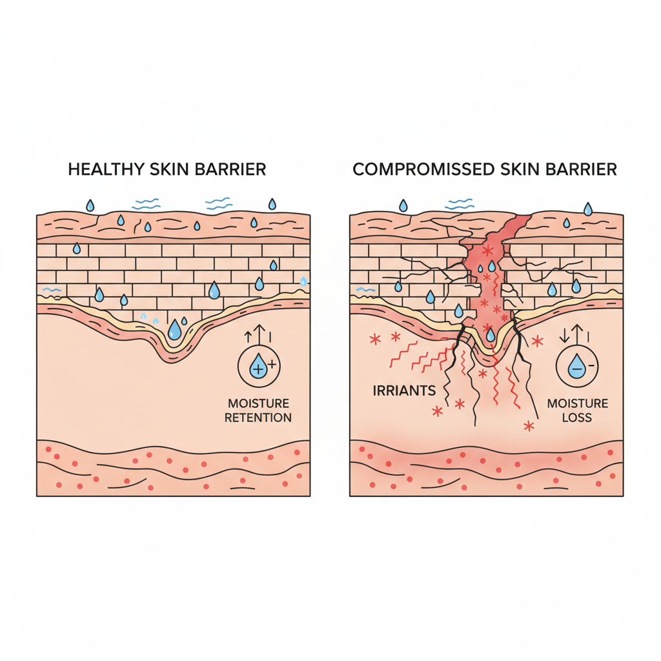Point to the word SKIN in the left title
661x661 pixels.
pyautogui.click(x=168, y=169)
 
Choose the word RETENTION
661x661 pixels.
pyautogui.click(x=258, y=418)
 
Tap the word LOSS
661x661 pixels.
pyautogui.click(x=577, y=418)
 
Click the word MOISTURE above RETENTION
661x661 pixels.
pyautogui.click(x=258, y=404)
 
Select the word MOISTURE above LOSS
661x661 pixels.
pyautogui.click(x=577, y=404)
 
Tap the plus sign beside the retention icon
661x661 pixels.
pyautogui.click(x=271, y=365)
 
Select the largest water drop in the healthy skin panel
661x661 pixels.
pyautogui.click(x=174, y=331)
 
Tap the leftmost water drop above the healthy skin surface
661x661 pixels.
pyautogui.click(x=90, y=205)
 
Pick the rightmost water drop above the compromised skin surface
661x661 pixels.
pyautogui.click(x=587, y=208)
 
